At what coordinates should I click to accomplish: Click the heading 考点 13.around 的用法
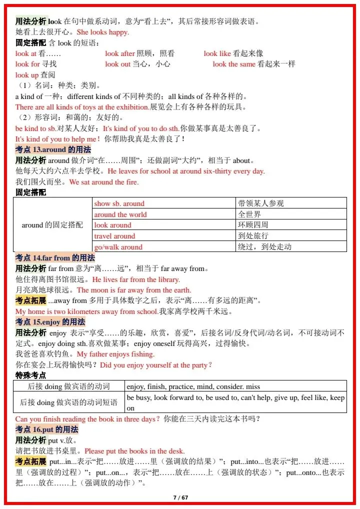point(53,149)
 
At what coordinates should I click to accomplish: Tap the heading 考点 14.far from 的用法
point(55,257)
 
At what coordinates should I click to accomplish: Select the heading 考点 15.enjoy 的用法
point(50,321)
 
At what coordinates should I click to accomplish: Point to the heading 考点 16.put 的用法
point(47,429)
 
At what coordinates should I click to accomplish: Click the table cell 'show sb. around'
point(119,203)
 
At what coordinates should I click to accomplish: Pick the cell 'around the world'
point(120,214)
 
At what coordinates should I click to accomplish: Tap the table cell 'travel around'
point(114,236)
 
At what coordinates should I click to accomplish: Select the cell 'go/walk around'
point(118,247)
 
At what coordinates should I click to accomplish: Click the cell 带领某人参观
point(261,203)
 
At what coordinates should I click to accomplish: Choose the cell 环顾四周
point(253,225)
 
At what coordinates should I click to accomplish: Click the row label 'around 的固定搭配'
point(52,225)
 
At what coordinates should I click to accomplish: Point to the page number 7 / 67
point(180,497)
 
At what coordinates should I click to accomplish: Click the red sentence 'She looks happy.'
point(102,32)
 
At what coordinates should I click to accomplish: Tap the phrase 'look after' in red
point(120,53)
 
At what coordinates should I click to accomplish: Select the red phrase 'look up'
point(27,75)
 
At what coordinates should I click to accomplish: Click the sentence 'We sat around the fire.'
point(104,182)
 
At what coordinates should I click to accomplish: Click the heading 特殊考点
point(31,375)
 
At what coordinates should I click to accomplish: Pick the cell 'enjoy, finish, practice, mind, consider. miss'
point(193,386)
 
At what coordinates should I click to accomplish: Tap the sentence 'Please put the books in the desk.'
point(134,451)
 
